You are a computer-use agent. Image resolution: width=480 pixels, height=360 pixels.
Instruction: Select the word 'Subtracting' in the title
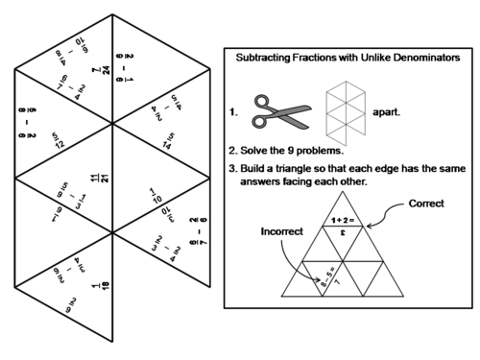[272, 58]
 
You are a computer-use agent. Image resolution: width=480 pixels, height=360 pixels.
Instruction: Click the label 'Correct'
[426, 204]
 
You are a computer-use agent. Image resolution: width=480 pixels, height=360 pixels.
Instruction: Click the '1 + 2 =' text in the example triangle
[341, 220]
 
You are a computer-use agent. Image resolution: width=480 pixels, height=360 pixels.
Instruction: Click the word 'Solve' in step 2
[260, 151]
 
